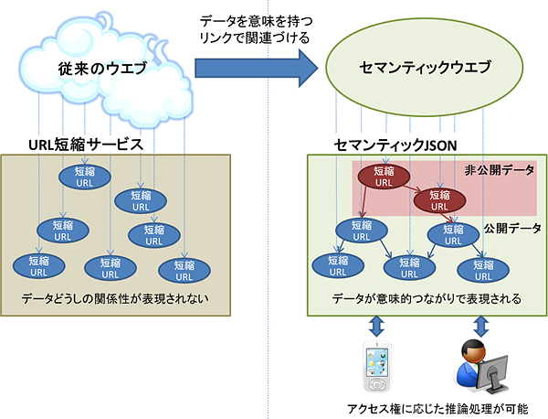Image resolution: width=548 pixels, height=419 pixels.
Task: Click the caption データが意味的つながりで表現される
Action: [x=427, y=298]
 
